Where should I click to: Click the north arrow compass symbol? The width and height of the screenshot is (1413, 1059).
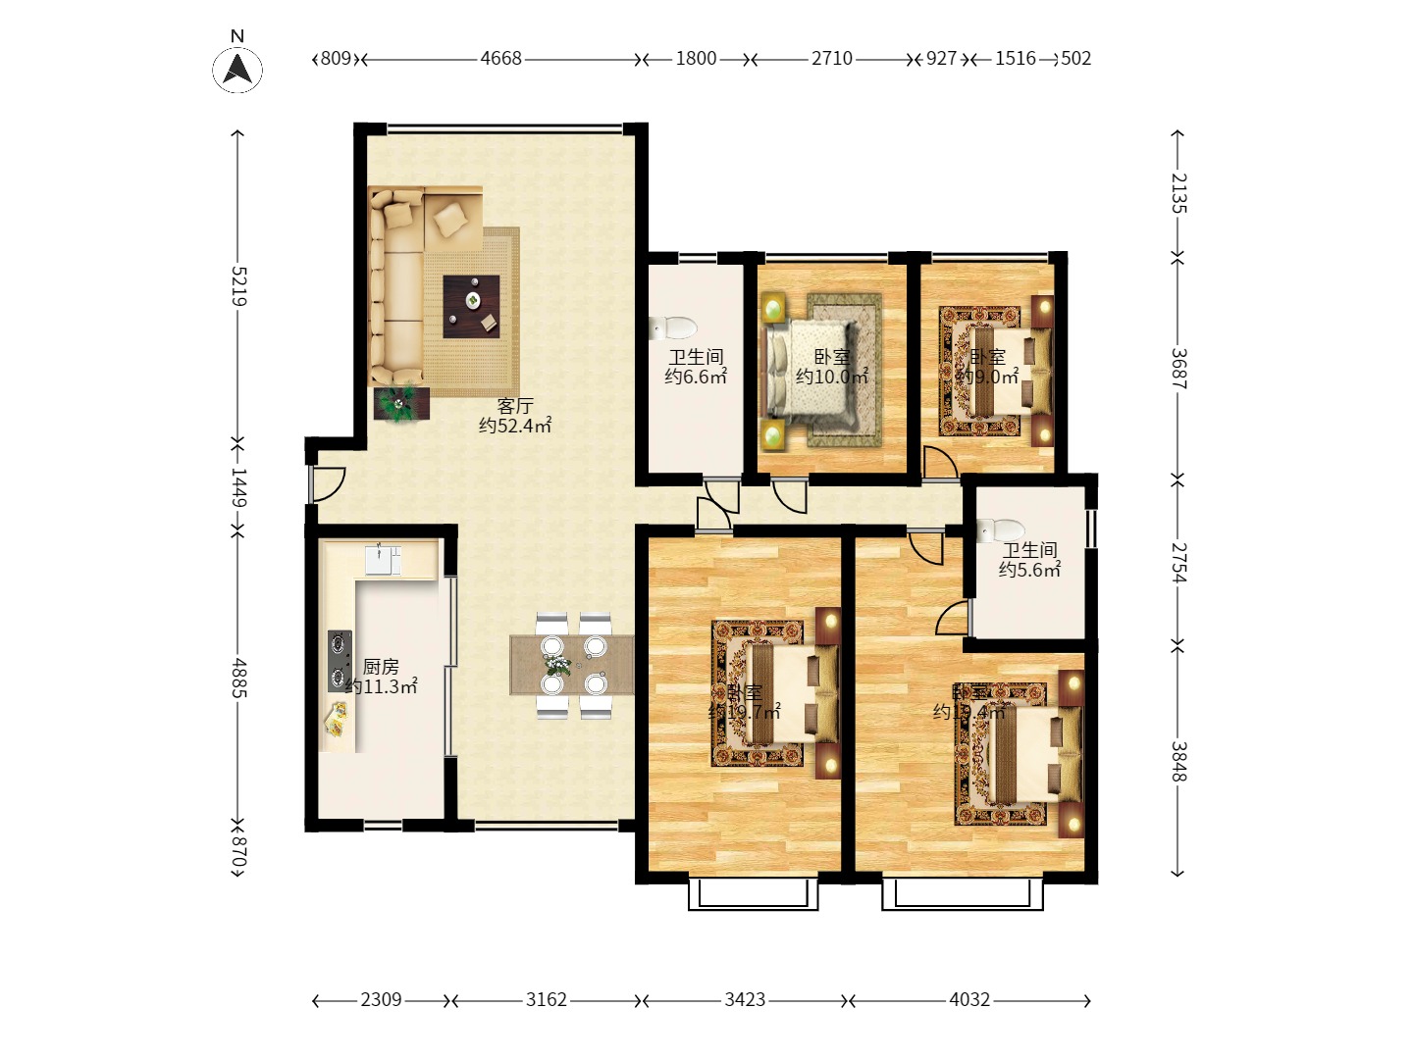point(237,69)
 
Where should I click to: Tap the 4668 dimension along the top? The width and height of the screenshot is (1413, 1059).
point(500,59)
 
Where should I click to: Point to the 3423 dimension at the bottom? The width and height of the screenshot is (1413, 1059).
point(745,1000)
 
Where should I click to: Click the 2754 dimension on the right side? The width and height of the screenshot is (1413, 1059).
point(1178,563)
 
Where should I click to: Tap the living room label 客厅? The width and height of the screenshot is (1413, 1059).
point(515,405)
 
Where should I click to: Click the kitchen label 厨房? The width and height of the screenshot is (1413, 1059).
point(381,667)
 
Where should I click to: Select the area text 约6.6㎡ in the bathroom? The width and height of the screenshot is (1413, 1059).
point(696,377)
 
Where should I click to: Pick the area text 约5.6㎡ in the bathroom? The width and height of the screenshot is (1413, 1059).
point(1029,570)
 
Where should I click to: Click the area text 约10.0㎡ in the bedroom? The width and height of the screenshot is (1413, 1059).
point(831,377)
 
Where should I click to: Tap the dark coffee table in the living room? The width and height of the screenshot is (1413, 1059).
point(471,306)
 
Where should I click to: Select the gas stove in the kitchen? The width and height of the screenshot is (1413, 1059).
point(340,660)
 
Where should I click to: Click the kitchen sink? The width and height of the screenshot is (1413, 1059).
point(383,559)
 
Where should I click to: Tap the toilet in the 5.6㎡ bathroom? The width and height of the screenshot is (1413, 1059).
point(1000,530)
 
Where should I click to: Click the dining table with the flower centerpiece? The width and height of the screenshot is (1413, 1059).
point(571,666)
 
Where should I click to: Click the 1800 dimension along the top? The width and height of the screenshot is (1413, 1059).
point(696,59)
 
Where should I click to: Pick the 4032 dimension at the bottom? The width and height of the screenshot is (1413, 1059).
point(969,1000)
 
